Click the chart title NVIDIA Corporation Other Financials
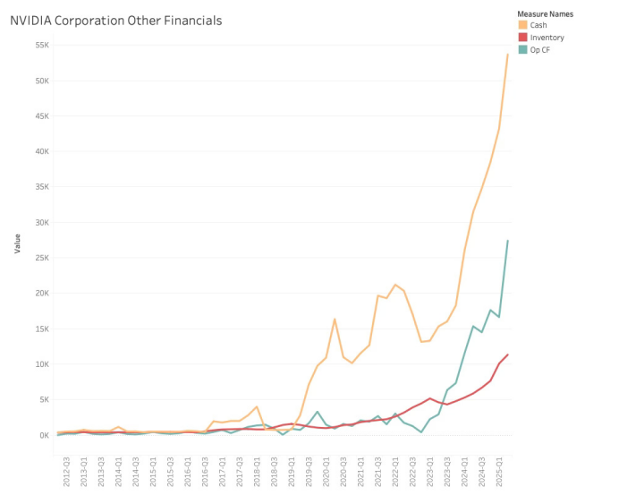[x=115, y=20]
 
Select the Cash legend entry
[x=538, y=25]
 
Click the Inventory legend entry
[x=547, y=38]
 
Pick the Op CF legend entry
[x=541, y=49]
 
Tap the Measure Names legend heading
[x=545, y=14]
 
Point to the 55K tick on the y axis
[x=42, y=45]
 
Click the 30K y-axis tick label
[x=42, y=222]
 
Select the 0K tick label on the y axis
[x=44, y=435]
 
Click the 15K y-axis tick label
[x=42, y=329]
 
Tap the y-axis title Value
[x=17, y=243]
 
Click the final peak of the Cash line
[x=508, y=54]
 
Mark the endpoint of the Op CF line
[x=508, y=240]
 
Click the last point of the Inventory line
[x=508, y=354]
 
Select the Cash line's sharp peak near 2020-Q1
[x=335, y=319]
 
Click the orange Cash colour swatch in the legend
[x=523, y=25]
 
